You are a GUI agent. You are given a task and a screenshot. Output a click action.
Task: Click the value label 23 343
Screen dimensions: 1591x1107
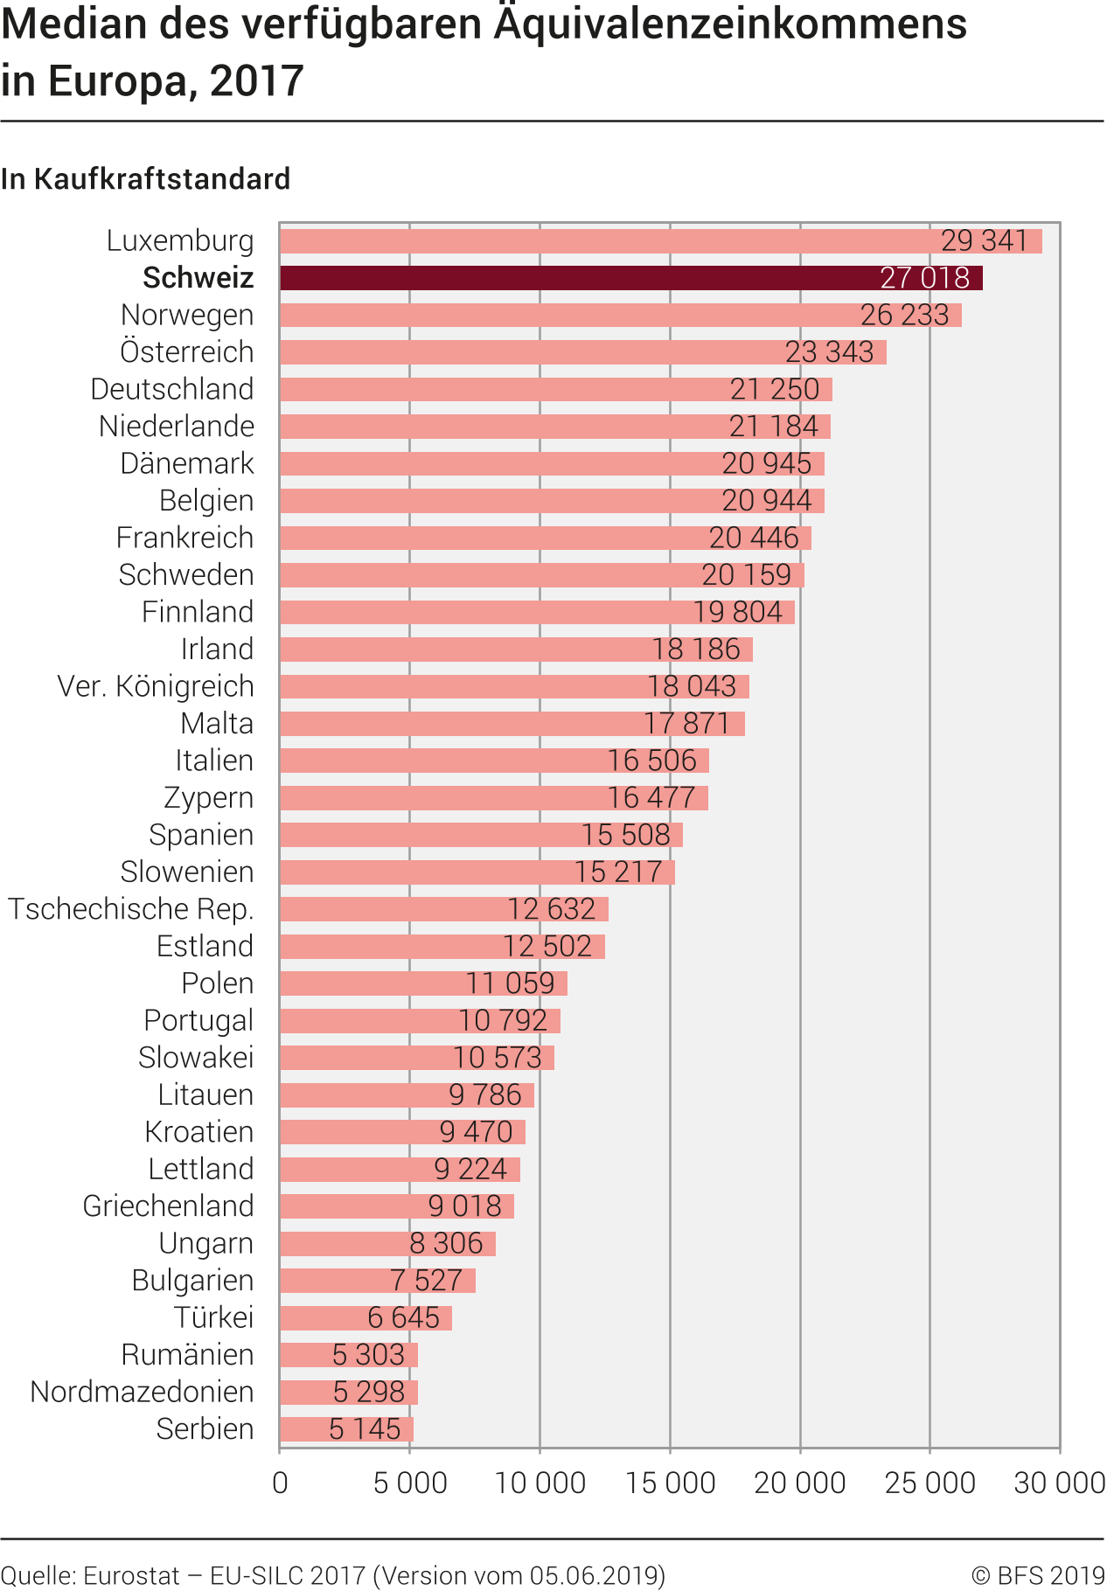pos(829,352)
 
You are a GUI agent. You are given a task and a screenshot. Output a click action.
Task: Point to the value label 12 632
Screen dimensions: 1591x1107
pos(552,909)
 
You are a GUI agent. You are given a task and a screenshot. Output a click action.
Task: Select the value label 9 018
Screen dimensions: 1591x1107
pos(464,1206)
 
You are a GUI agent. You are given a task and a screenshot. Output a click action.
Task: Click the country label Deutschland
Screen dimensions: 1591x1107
pos(172,389)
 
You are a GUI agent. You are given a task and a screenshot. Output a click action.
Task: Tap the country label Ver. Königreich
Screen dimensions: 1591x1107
pos(156,686)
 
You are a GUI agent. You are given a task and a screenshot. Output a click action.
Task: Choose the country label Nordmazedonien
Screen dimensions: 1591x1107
pos(142,1392)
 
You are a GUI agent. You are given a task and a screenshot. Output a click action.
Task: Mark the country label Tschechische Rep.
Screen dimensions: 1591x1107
pos(131,909)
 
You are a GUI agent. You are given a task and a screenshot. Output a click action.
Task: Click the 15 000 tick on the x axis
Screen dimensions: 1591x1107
pos(671,1483)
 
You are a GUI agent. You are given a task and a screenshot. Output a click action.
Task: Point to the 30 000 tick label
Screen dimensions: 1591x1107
pos(1060,1483)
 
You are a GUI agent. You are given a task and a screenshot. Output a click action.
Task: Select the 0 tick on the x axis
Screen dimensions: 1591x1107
pos(280,1483)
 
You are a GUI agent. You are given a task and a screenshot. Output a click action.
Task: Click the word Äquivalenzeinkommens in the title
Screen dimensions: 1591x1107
pos(730,24)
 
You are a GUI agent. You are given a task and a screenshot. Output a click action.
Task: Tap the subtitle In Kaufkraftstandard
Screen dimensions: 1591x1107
pos(145,179)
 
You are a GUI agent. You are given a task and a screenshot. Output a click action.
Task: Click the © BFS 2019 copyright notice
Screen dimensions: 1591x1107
pos(1038,1575)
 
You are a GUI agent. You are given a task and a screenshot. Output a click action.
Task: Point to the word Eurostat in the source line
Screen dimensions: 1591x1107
pos(131,1575)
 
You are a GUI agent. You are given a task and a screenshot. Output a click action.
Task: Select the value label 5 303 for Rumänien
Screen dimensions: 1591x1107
pos(368,1355)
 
